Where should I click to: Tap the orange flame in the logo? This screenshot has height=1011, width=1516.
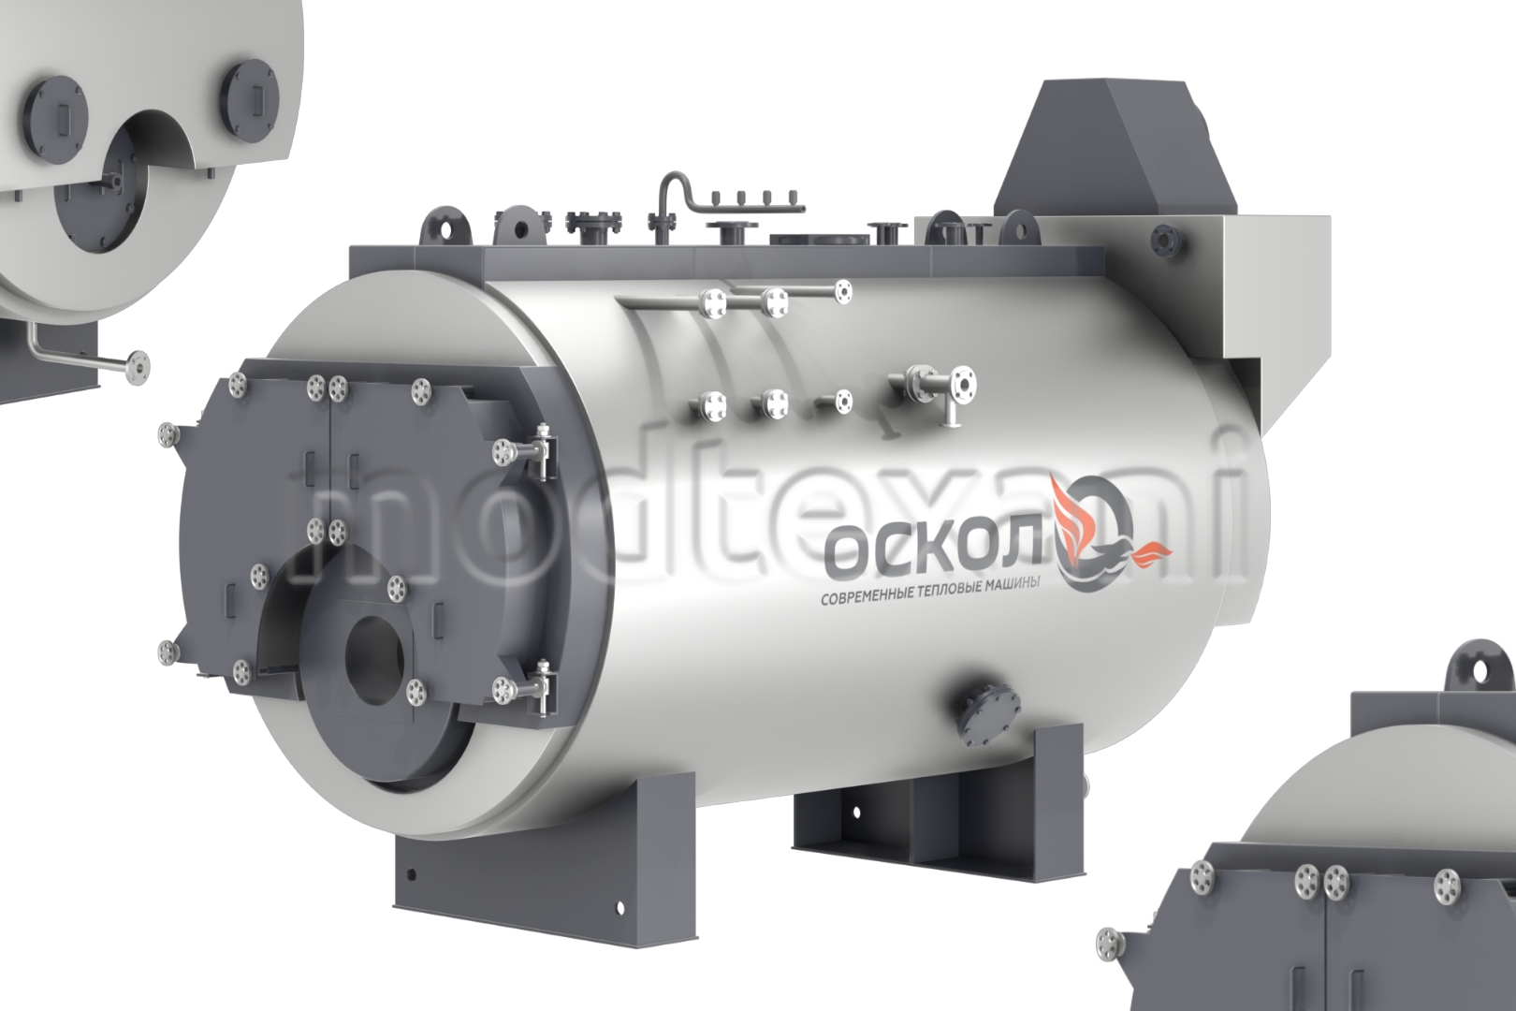pos(1065,515)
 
